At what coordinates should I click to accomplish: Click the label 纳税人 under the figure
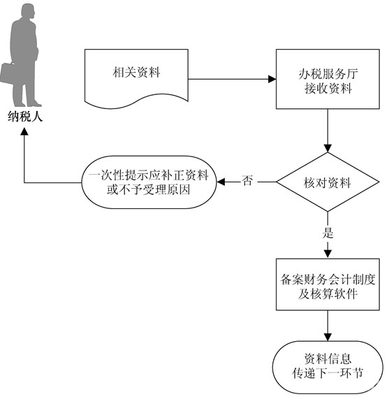point(24,117)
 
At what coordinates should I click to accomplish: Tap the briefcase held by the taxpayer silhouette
point(8,73)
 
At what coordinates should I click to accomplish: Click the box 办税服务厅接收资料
point(328,79)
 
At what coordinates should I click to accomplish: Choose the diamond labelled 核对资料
point(328,182)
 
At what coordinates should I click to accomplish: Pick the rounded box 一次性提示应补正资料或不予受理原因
point(149,182)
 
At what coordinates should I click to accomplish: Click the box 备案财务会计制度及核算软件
point(328,284)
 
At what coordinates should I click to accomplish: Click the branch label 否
point(247,180)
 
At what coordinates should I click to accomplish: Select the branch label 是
point(328,233)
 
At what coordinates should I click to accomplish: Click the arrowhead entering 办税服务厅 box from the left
point(272,79)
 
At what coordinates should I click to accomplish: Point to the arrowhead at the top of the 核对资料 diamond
point(328,148)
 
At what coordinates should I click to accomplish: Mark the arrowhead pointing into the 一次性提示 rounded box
point(221,182)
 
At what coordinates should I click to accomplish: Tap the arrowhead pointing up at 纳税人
point(24,131)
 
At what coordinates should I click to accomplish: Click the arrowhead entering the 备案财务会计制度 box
point(328,254)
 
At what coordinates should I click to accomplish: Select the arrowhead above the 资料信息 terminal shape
point(328,337)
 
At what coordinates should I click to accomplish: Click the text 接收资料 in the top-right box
point(328,89)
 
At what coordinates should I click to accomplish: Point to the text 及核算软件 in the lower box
point(328,294)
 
